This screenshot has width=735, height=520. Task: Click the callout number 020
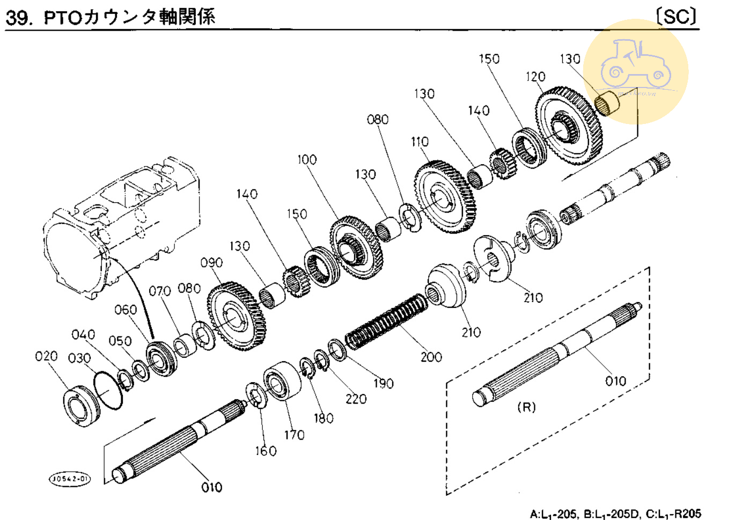point(46,356)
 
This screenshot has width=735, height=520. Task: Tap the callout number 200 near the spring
point(431,357)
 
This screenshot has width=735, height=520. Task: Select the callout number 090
point(211,262)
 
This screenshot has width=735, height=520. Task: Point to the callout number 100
point(307,159)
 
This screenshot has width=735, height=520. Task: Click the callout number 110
point(420,142)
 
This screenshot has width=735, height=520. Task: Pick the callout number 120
point(535,77)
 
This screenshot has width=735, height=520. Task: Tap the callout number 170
point(294,435)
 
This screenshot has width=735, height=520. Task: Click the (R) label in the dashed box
point(526,407)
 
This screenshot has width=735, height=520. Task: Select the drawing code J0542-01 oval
point(70,478)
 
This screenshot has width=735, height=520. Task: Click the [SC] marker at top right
point(677,17)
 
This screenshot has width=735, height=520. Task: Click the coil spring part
point(386,321)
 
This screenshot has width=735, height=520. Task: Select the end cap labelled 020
point(81,407)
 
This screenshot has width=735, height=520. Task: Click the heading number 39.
point(18,18)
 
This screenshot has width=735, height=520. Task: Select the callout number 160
point(266,451)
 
